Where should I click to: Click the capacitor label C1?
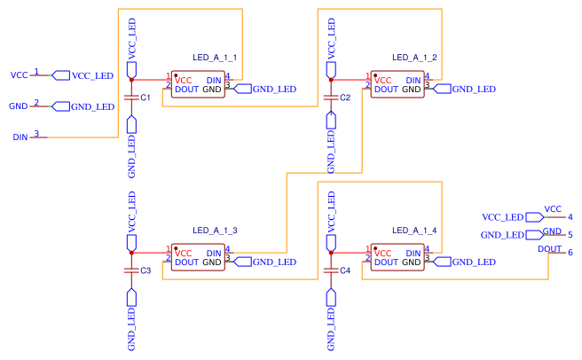145,96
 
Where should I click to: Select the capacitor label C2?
345,96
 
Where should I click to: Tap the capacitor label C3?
145,270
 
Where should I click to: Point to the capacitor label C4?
345,270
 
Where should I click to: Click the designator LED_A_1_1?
215,57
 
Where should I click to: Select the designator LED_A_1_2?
414,57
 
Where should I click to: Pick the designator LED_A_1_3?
215,230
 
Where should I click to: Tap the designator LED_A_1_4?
414,230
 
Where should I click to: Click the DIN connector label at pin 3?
20,137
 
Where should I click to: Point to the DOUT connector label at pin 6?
550,249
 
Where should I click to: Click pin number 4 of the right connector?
570,216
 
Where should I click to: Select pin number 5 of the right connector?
570,235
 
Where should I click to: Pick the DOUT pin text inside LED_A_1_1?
187,90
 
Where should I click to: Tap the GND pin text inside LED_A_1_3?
212,262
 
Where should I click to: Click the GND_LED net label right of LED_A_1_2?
473,89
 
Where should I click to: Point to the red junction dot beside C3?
131,253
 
